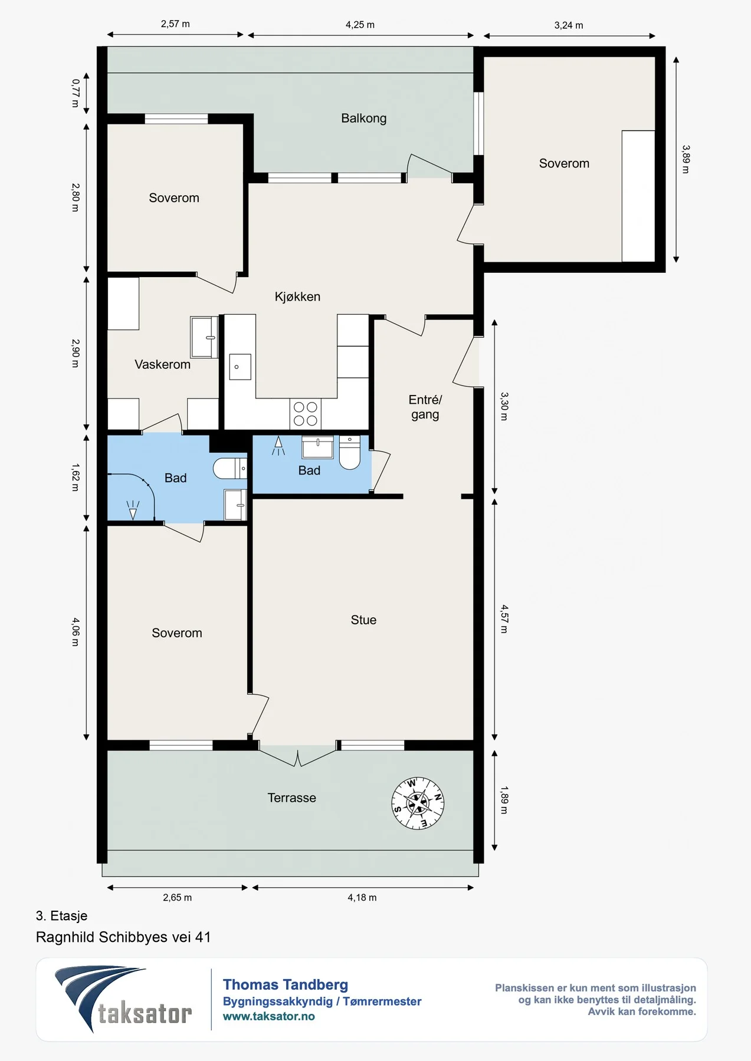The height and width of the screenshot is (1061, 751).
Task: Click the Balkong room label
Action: [363, 118]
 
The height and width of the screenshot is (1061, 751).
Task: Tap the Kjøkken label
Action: [297, 296]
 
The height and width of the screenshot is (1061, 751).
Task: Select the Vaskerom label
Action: [162, 364]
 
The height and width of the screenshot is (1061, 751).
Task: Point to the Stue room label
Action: [363, 620]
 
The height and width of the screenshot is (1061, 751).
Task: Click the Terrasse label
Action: [291, 798]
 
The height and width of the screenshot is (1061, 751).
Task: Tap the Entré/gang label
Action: [425, 407]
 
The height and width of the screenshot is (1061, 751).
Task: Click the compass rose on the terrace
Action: [418, 803]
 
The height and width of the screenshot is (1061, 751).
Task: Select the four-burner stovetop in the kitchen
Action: [306, 413]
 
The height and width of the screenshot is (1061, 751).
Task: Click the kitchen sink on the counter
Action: [240, 367]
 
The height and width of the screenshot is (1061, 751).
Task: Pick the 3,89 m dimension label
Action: [686, 159]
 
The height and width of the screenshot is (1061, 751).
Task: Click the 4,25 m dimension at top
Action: [360, 25]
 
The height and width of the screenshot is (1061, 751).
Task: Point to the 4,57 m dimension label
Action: [504, 619]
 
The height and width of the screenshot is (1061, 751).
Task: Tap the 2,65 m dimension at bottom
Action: [177, 897]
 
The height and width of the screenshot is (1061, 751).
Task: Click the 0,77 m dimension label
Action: [76, 93]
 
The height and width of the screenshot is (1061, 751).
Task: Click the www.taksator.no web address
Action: [268, 1016]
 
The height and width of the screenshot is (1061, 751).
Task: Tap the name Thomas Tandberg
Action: [286, 984]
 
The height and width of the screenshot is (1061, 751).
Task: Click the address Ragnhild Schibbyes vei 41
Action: [123, 937]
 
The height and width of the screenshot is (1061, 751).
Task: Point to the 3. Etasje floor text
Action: [61, 915]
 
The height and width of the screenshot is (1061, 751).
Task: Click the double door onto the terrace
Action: [298, 756]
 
